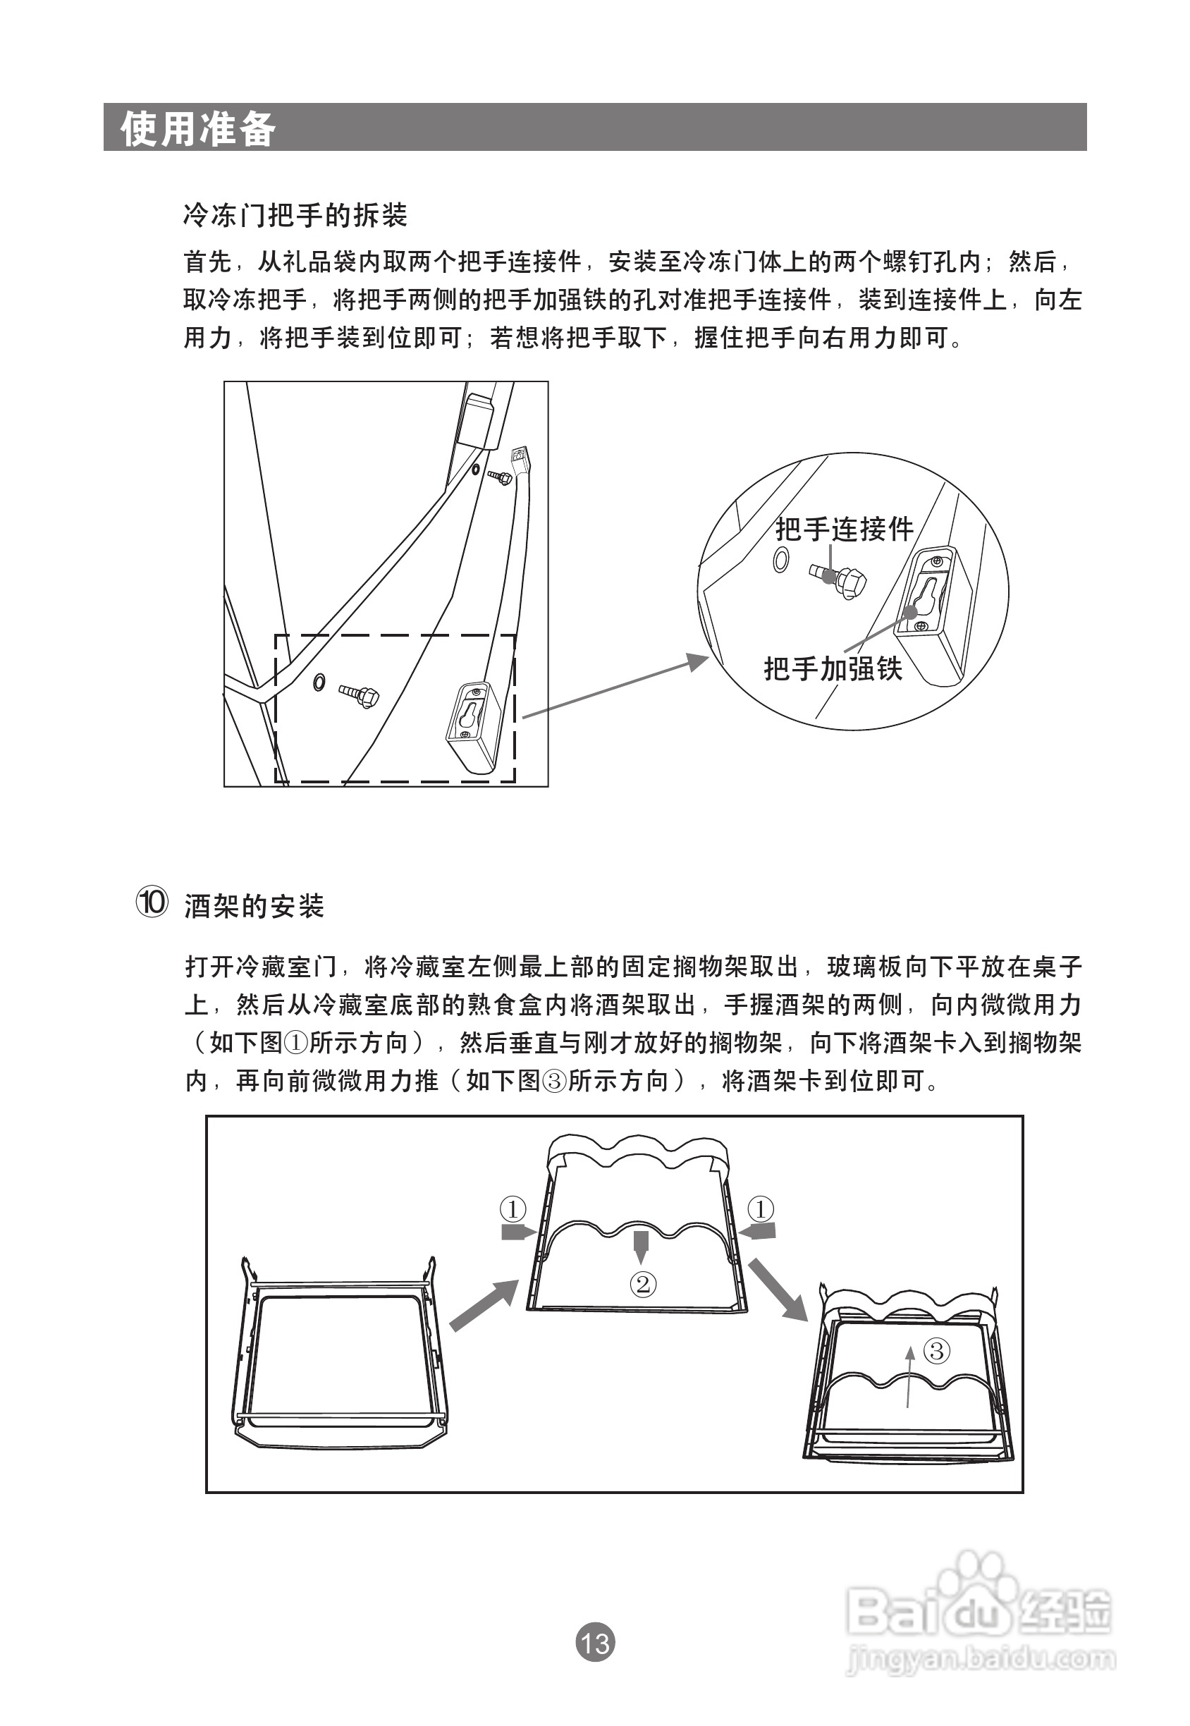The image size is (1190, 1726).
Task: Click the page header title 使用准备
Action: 197,128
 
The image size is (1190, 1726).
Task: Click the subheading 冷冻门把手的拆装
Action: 295,216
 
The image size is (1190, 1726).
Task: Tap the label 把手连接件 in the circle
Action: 844,530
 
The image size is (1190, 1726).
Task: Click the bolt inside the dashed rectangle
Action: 360,695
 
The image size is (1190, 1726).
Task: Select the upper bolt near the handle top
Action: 501,477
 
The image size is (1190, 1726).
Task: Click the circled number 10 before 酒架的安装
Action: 152,902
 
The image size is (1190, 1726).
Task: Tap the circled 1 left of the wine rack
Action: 513,1208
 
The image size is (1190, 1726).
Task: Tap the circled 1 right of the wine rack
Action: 761,1208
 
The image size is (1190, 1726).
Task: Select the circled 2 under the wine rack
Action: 644,1283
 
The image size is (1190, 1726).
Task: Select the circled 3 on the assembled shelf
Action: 936,1350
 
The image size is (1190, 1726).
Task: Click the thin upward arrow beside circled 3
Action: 908,1378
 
